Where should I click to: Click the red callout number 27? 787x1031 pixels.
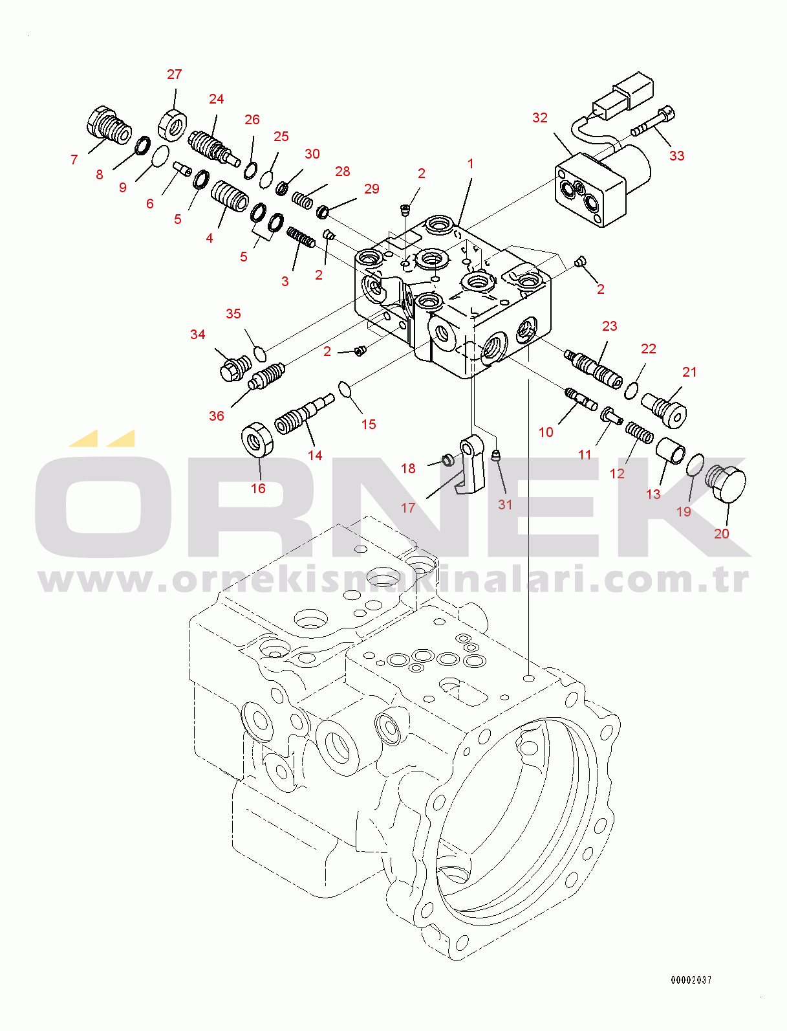(174, 74)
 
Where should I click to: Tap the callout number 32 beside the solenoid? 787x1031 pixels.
(540, 117)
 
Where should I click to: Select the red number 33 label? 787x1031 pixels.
(676, 155)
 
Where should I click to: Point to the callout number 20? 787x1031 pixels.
(721, 533)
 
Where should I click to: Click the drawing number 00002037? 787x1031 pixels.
(691, 980)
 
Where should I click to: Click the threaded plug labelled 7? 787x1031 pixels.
(109, 125)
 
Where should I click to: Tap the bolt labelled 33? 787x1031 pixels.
(653, 121)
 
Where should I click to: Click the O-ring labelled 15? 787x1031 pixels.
(345, 390)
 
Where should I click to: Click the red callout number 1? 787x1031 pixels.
(470, 164)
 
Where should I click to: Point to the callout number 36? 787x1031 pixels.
(217, 416)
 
